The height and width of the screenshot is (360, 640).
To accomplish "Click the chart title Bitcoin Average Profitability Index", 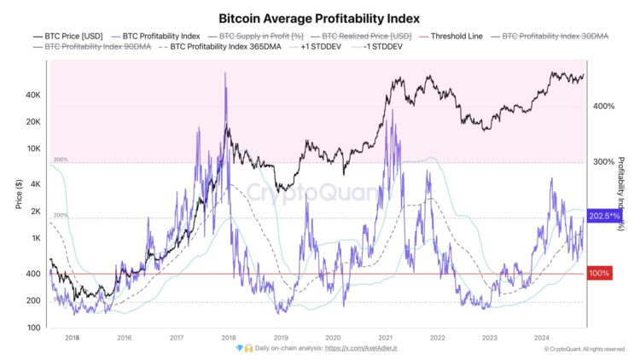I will click(x=319, y=17).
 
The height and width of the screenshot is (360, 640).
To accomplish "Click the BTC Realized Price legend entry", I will click(x=368, y=36).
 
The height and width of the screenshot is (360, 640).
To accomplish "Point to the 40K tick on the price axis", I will click(x=33, y=95).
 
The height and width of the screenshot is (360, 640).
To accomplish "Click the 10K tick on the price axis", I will click(x=33, y=148).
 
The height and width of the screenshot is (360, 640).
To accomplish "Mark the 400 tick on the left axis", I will click(x=33, y=274).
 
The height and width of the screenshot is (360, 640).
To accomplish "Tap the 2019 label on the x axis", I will click(x=281, y=338).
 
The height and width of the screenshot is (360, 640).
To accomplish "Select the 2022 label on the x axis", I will click(x=437, y=338).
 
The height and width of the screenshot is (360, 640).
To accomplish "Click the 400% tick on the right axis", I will click(x=603, y=107).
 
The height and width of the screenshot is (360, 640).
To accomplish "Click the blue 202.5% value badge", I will click(x=603, y=217).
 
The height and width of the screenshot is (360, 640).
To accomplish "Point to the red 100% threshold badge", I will click(x=600, y=274).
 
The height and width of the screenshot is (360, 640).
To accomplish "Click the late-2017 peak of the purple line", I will click(x=225, y=73).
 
